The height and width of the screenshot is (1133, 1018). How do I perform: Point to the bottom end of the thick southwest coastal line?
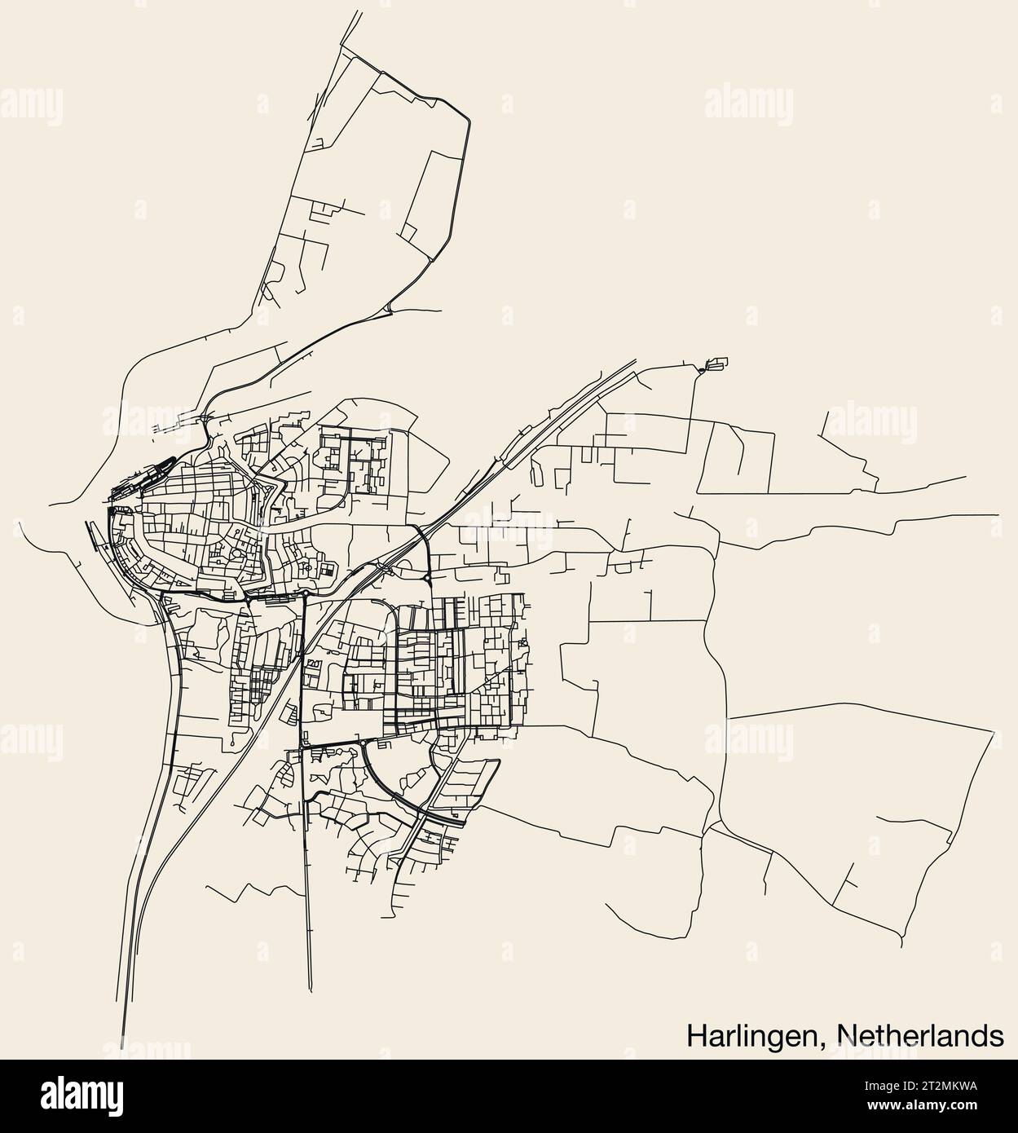123,1051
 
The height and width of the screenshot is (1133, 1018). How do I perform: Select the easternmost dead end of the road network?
998,514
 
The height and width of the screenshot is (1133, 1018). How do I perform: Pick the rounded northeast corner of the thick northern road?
466,118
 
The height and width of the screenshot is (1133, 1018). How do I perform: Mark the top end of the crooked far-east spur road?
828,412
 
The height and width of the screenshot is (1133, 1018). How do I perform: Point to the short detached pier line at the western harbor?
90,531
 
